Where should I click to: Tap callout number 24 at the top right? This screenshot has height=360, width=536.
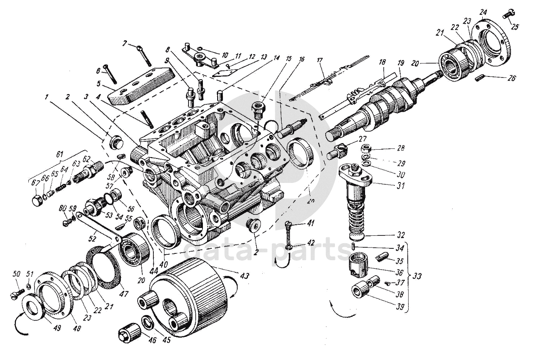coord(483,11)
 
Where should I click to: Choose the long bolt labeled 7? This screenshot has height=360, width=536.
coord(143,55)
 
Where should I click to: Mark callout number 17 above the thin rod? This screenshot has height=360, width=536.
coord(319,60)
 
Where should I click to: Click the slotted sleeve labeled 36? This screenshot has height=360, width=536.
coord(357,267)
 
